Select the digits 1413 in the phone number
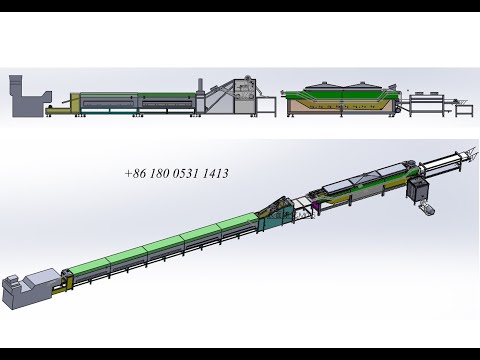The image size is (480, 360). tap(216, 173)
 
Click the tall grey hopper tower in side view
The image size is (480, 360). tap(16, 96)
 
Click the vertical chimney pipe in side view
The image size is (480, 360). tap(200, 87)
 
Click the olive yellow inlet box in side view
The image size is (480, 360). tap(75, 104)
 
